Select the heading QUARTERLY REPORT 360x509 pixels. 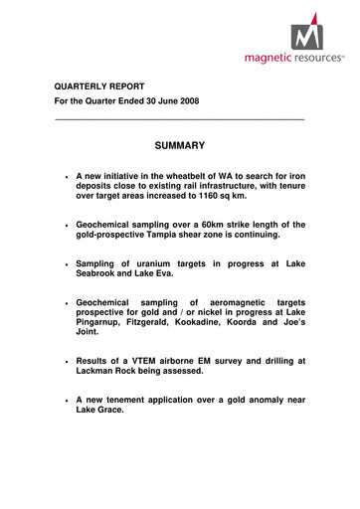101,86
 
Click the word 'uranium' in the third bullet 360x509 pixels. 154,264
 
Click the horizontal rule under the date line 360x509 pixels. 178,120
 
